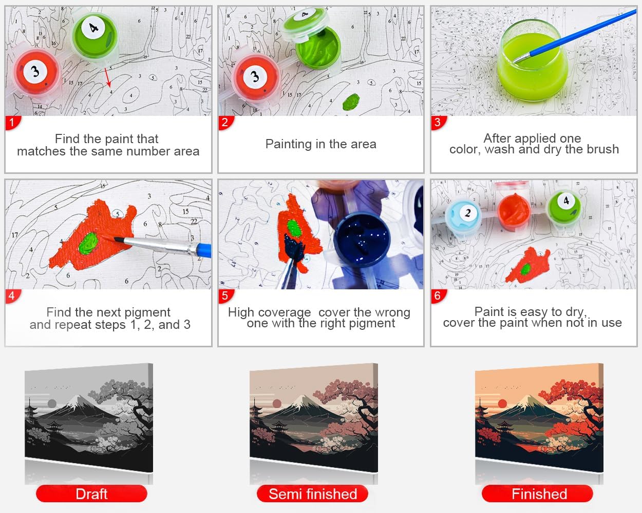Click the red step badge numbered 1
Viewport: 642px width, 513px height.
pos(12,123)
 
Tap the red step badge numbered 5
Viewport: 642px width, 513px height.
pos(226,296)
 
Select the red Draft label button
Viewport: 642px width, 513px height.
pos(91,494)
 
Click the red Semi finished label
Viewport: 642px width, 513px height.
pos(313,494)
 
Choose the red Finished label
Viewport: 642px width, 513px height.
pos(537,494)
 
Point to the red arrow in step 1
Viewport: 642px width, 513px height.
pos(108,77)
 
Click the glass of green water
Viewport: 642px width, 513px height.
pos(533,61)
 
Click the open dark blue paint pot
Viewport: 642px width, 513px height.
pos(362,239)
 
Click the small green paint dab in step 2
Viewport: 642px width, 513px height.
pos(351,102)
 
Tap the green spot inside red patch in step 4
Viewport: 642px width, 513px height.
pos(89,243)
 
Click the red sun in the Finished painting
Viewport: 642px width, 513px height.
pos(502,404)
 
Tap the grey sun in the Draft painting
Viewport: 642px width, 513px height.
pos(52,404)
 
